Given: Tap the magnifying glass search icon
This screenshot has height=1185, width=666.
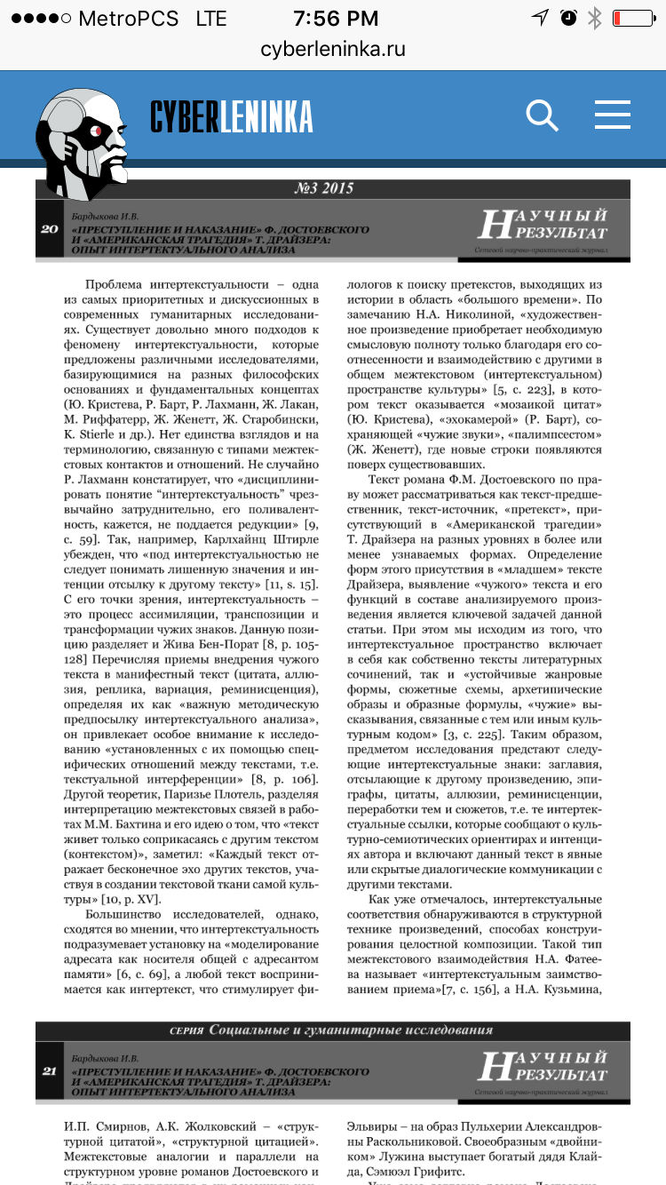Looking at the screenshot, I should point(542,115).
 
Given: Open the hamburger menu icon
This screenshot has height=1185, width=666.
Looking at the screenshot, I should point(613,115).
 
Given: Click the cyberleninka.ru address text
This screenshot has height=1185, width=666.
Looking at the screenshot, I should point(333,49).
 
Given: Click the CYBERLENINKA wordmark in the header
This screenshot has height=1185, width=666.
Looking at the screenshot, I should point(232,116).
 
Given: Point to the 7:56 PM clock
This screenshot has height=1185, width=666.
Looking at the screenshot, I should point(333,18).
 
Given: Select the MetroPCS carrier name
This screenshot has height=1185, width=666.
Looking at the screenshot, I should point(128,18).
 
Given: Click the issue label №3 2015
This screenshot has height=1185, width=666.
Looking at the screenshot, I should point(324,188).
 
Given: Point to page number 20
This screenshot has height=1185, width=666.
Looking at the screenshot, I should point(50,229).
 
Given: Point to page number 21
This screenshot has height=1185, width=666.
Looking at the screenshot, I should point(50,1070).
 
